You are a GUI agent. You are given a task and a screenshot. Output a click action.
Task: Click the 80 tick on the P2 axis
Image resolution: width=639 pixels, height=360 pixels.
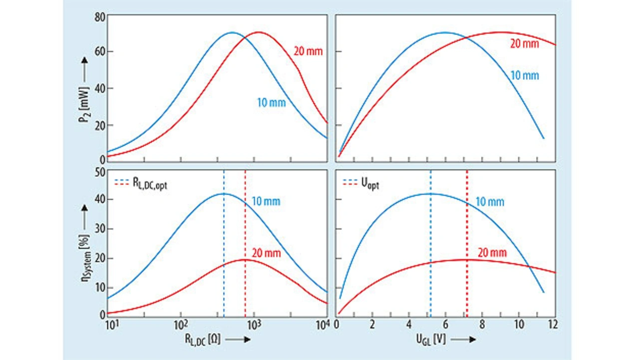[x=99, y=16]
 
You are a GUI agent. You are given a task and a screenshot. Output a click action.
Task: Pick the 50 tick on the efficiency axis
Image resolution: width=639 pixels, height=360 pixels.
[x=99, y=172]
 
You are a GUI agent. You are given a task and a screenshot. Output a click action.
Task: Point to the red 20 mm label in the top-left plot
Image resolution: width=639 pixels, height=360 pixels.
[x=307, y=51]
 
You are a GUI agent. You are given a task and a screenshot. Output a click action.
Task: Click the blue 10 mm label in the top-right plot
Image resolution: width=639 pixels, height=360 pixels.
[x=525, y=76]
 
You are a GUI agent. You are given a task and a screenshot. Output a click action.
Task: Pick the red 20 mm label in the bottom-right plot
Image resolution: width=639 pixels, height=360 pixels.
[x=492, y=253]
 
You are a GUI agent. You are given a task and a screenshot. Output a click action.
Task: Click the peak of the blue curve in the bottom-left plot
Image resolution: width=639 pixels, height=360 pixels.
[x=224, y=193]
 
